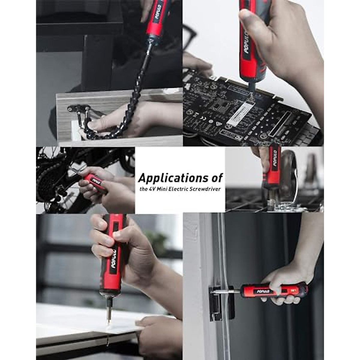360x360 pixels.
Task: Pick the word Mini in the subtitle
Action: point(164,189)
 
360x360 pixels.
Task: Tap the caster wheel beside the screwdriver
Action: point(290,174)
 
